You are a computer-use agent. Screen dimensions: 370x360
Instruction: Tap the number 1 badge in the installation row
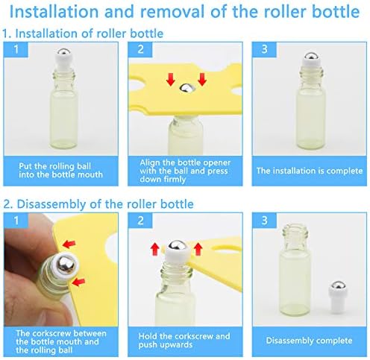pyautogui.click(x=16, y=49)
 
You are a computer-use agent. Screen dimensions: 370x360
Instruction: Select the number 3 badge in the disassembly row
pyautogui.click(x=264, y=221)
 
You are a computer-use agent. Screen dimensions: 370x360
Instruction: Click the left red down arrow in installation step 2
pyautogui.click(x=171, y=79)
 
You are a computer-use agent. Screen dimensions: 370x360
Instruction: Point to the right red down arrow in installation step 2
pyautogui.click(x=202, y=79)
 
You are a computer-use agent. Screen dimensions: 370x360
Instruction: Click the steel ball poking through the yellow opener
pyautogui.click(x=186, y=88)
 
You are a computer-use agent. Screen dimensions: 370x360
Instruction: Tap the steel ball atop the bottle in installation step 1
pyautogui.click(x=63, y=53)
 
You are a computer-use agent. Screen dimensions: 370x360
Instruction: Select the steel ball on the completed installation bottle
pyautogui.click(x=312, y=57)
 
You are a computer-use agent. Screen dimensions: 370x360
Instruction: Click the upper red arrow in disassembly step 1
pyautogui.click(x=69, y=244)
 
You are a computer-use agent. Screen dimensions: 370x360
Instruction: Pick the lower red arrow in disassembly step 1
pyautogui.click(x=78, y=282)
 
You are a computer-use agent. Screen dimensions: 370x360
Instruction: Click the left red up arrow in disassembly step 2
pyautogui.click(x=155, y=249)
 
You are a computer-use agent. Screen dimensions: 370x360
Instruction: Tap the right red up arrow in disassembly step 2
pyautogui.click(x=198, y=249)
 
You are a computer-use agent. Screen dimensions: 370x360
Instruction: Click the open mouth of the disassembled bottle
pyautogui.click(x=295, y=227)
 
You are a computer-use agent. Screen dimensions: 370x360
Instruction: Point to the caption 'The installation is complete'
pyautogui.click(x=310, y=171)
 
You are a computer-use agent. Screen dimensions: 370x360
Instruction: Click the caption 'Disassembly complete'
pyautogui.click(x=309, y=341)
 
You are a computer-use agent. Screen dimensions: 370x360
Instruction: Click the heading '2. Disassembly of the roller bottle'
pyautogui.click(x=98, y=204)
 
